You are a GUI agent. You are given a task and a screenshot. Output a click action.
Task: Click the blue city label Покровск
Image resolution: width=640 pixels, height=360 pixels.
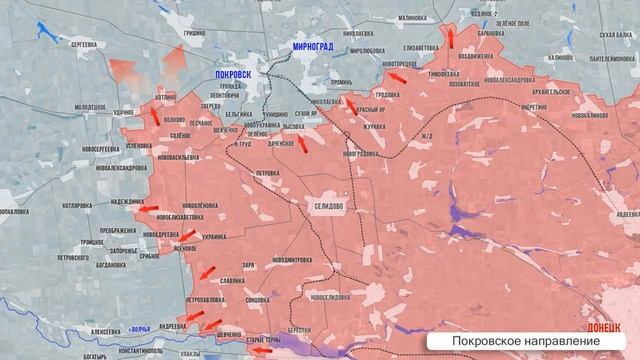pos(234,74)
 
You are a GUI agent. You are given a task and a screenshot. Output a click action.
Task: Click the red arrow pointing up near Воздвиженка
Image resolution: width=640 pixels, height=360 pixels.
pos(450,39)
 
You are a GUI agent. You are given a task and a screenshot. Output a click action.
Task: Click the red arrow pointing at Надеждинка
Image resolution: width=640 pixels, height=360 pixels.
pos(148,210)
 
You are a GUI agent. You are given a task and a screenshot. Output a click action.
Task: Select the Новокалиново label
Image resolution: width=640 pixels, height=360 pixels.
pos(588,117)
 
